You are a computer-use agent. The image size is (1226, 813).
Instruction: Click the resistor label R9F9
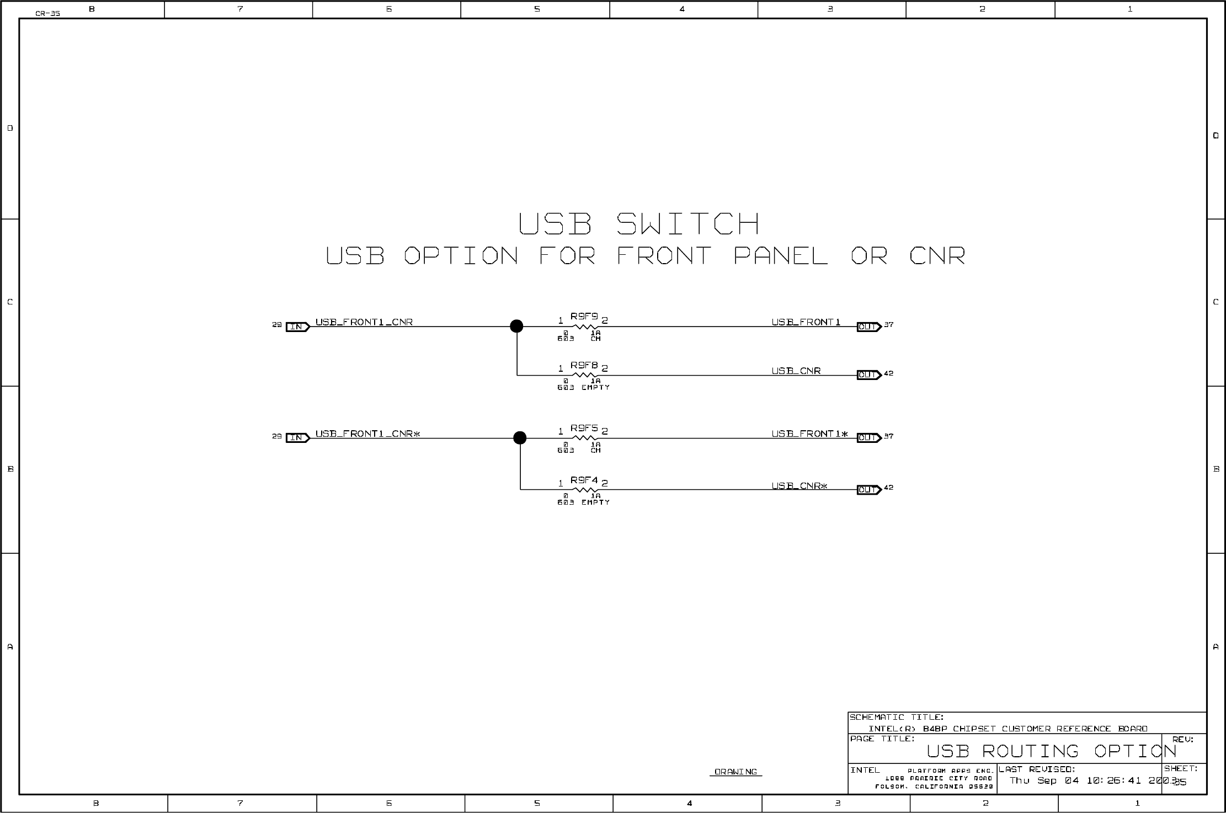coord(584,317)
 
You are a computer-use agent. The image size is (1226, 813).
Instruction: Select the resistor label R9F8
coord(584,365)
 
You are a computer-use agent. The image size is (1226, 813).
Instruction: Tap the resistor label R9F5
coord(584,428)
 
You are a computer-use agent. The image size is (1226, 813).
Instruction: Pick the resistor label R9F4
coord(584,480)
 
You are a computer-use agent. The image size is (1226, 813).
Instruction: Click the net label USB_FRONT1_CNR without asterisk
coord(364,322)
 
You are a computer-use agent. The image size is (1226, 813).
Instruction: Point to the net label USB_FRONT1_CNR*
coord(367,434)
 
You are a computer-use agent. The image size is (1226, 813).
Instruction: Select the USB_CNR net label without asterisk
coord(796,371)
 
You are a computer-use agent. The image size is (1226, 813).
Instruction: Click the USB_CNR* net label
coord(799,486)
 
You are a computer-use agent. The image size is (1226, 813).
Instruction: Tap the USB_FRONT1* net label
coord(809,434)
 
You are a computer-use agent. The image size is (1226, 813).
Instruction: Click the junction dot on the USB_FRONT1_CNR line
coord(516,326)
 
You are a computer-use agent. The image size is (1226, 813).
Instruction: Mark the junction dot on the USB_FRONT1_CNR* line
coord(520,438)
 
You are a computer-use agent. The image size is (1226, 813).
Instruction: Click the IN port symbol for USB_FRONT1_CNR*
coord(297,438)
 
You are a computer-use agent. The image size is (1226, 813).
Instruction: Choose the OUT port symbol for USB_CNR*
coord(868,490)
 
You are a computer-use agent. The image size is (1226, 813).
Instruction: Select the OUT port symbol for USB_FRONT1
coord(868,327)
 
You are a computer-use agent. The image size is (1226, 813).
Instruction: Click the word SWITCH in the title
coord(687,224)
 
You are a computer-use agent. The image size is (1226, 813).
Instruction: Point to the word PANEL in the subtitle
coord(780,256)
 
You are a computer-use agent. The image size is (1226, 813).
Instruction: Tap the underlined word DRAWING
coord(735,772)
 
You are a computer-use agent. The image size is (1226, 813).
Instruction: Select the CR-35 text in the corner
coord(47,14)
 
